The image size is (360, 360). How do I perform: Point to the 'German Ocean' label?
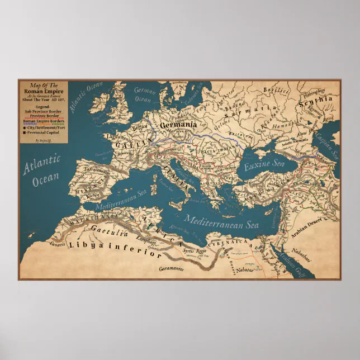coord(144,95)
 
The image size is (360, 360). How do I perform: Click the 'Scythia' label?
coord(316,102)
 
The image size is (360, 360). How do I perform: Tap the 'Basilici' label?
coord(274,89)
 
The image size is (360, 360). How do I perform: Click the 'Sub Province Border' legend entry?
coord(43,111)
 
